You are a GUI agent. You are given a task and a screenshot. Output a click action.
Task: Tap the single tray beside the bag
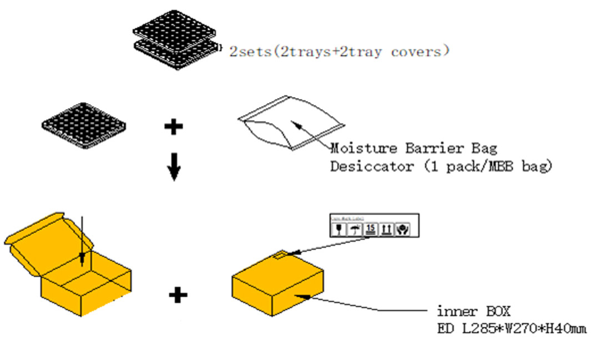[x=83, y=126]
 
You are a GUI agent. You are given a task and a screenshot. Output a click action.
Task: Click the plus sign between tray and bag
[x=174, y=128]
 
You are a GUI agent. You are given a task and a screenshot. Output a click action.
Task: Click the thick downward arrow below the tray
[x=174, y=169]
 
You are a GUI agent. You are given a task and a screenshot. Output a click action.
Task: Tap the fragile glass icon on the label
[x=339, y=229]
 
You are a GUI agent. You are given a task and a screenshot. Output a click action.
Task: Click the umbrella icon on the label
[x=353, y=229]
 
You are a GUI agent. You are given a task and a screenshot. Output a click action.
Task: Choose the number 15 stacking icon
[x=370, y=229]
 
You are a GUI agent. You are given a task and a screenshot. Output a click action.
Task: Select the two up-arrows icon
[x=385, y=229]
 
